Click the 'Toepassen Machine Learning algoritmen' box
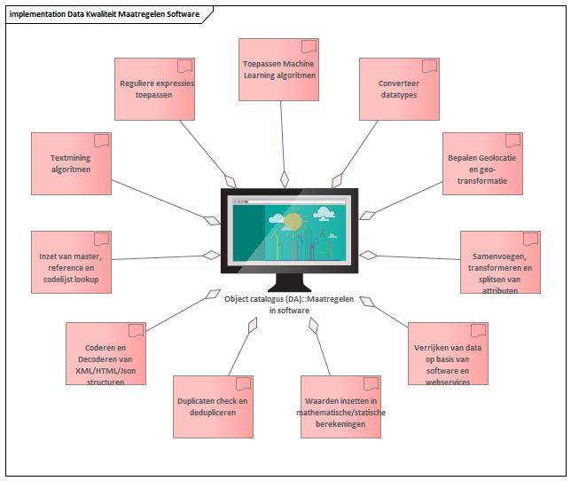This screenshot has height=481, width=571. [x=278, y=69]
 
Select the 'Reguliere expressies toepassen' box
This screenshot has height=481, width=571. [x=155, y=89]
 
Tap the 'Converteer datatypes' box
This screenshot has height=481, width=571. [x=400, y=89]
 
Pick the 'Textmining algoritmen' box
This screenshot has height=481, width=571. [x=71, y=163]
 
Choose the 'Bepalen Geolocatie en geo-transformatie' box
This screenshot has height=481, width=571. [x=482, y=163]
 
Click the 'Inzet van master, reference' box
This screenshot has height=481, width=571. [x=71, y=262]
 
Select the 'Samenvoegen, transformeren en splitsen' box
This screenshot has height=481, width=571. [x=500, y=262]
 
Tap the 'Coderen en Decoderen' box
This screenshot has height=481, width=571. [x=106, y=353]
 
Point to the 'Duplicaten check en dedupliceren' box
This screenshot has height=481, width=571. [x=213, y=406]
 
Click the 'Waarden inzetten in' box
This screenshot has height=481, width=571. [x=340, y=406]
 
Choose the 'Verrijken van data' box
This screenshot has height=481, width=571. [x=448, y=353]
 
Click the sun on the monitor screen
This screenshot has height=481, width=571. [x=293, y=222]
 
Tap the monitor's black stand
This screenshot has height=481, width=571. [x=290, y=282]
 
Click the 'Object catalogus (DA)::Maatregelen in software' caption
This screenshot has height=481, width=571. [x=289, y=304]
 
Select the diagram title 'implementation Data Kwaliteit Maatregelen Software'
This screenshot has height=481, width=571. [x=105, y=14]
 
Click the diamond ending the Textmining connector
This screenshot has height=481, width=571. [x=212, y=220]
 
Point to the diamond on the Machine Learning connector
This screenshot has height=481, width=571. [x=285, y=179]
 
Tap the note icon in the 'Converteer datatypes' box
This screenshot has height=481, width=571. [x=430, y=67]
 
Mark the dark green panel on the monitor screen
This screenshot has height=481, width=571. [x=249, y=233]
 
